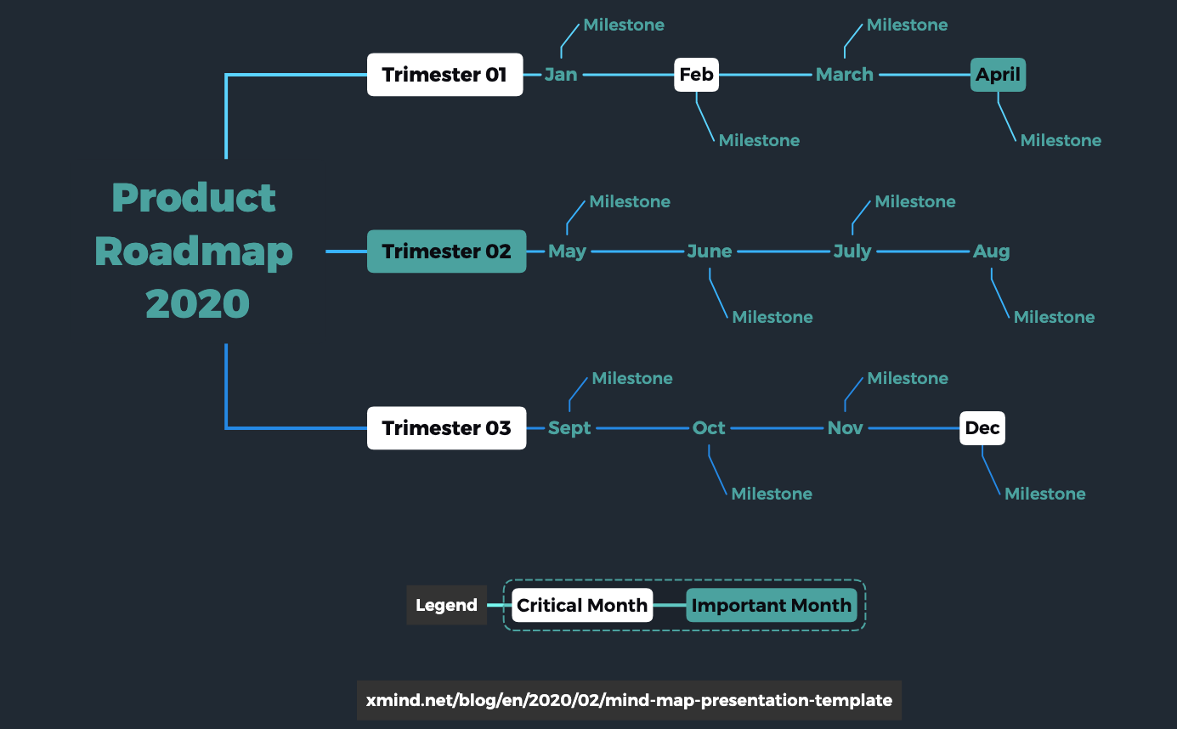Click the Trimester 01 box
coord(444,75)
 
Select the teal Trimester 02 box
coord(446,251)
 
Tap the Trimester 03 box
coord(446,428)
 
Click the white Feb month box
coord(696,75)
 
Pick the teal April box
coord(998,75)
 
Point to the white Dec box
coord(982,428)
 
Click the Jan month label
coord(561,75)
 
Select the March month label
coord(845,75)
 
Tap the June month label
coord(710,251)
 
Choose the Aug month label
coord(991,251)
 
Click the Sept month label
coord(569,428)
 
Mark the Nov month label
coord(845,428)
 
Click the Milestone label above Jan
coord(624,25)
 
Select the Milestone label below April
coord(1061,140)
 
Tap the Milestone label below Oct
coord(772,494)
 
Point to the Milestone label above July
coord(914,201)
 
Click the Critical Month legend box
coord(582,605)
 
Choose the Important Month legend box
coord(772,605)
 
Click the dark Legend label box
coord(447,605)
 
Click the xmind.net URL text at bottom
coord(629,700)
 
